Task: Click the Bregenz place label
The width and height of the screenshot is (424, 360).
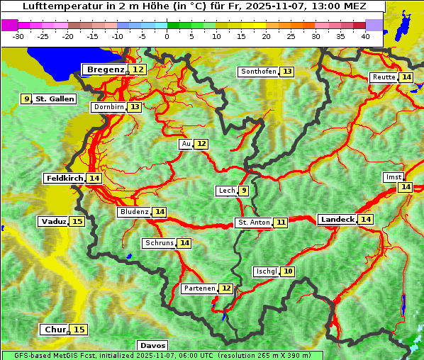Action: tap(105, 69)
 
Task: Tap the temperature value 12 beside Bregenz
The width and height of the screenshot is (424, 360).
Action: tap(138, 69)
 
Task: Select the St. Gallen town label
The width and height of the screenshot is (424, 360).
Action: tap(55, 99)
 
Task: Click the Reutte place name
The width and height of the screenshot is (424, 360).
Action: tap(384, 77)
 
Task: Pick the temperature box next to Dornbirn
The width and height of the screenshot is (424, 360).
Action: tap(134, 107)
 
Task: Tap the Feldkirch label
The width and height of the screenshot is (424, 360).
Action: tap(65, 179)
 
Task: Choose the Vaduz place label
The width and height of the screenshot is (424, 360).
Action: tap(54, 222)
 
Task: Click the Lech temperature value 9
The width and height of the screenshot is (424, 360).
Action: tap(243, 191)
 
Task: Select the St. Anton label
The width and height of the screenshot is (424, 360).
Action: tap(253, 223)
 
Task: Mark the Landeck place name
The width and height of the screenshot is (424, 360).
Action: tap(337, 220)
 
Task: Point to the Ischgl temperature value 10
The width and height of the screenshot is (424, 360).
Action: tap(287, 271)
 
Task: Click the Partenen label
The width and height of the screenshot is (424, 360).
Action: tap(199, 288)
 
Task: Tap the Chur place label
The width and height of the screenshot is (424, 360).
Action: tap(55, 330)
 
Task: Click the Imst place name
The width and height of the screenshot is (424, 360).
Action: tap(392, 176)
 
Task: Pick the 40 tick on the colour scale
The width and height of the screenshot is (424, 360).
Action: tap(365, 36)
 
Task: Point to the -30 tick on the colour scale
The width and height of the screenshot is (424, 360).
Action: tap(18, 36)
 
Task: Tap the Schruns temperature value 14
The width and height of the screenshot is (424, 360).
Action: tap(184, 243)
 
